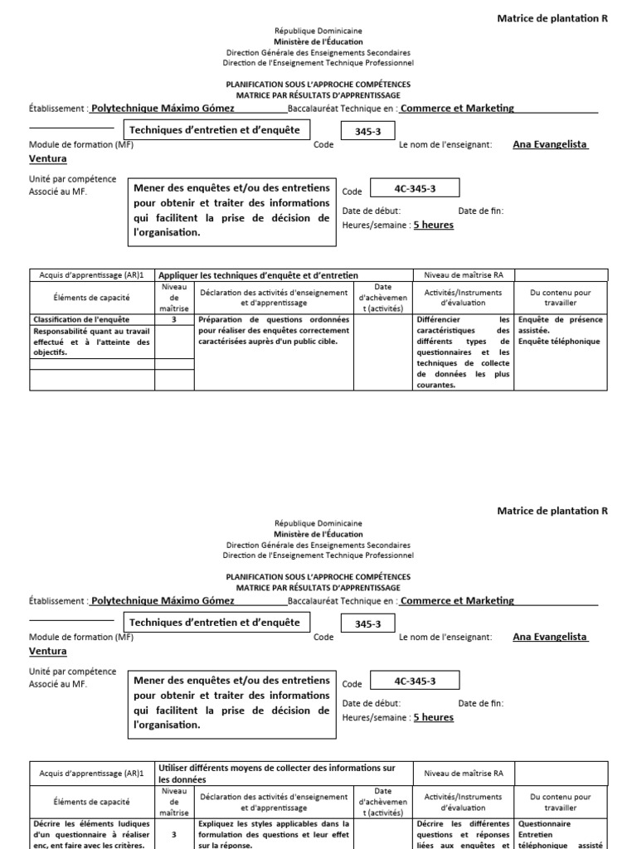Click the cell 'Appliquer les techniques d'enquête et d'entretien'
[258, 275]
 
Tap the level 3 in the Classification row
[173, 319]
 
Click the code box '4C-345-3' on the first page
[414, 188]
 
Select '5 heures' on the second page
[433, 717]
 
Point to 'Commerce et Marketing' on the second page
[457, 600]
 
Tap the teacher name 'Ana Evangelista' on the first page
[550, 144]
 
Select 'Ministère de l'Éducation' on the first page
[318, 40]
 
